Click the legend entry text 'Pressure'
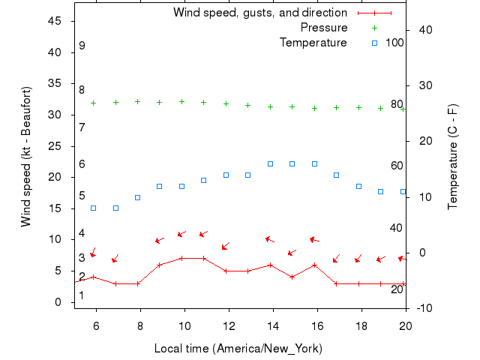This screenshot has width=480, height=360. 324,28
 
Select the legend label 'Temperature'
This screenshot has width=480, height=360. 313,43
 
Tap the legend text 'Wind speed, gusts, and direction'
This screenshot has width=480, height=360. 260,13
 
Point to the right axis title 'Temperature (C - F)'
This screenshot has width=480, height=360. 452,156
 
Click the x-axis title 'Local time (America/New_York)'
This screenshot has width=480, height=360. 238,349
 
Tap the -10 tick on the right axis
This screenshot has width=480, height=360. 421,308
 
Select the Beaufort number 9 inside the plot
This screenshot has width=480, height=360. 82,46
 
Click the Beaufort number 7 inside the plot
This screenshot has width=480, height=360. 82,127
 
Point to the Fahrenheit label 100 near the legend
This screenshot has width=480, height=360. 394,43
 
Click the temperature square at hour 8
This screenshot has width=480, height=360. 137,197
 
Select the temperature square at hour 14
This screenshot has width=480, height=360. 270,163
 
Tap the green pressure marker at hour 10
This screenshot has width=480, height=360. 181,101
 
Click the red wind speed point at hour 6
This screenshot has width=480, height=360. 93,277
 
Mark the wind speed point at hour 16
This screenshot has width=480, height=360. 314,265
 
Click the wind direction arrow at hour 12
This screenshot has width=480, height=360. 225,245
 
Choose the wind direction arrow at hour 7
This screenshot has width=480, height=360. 115,259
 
